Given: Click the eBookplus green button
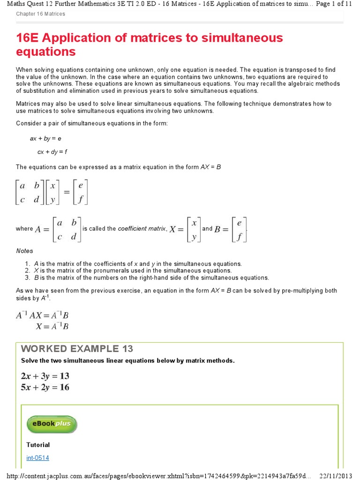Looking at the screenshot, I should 52,424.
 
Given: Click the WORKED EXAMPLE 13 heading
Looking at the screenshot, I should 77,349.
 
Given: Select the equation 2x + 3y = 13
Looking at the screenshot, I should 45,376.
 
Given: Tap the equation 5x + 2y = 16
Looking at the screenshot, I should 45,387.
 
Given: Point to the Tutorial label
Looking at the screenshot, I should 38,445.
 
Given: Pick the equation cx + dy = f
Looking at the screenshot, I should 52,152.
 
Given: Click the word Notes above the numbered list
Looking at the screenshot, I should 25,251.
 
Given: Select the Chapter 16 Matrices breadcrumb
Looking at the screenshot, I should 41,14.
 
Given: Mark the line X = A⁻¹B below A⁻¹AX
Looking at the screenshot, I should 52,327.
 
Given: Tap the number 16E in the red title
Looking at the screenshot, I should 30,38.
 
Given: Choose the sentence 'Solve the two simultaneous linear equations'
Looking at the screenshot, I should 127,360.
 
